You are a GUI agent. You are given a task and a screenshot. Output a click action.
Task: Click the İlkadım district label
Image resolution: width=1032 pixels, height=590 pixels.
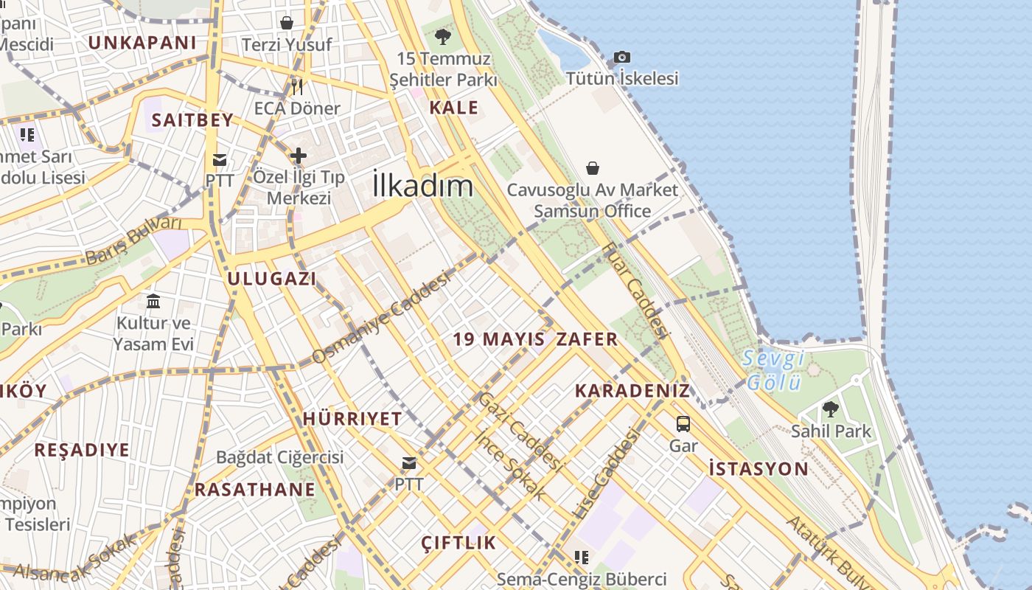(422, 184)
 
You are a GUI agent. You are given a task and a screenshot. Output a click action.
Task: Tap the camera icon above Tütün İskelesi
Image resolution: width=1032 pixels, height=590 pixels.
(622, 57)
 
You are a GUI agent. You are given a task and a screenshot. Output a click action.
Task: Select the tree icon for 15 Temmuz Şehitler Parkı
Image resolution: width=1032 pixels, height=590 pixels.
(442, 35)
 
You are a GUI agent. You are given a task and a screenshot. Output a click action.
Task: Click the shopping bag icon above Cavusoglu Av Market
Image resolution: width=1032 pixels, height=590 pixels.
(593, 168)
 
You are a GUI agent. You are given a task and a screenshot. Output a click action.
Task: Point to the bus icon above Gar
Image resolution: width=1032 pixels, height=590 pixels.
(683, 423)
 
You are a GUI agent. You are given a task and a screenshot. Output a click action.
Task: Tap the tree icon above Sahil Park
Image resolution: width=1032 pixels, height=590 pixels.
(831, 409)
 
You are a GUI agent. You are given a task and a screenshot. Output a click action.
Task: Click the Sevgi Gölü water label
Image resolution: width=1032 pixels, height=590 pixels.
(773, 371)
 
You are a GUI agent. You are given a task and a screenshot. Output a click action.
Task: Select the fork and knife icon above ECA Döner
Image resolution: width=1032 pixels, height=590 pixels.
(297, 87)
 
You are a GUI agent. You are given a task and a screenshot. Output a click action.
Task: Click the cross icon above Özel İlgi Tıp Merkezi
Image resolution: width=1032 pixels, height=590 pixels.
(298, 156)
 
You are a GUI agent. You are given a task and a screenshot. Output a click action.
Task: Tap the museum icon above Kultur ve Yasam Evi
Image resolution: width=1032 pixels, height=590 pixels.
(153, 301)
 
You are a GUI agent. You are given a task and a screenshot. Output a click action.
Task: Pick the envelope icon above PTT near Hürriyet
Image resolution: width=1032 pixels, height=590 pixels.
(408, 463)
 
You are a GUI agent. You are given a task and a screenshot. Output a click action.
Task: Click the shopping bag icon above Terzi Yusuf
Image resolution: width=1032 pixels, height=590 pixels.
(287, 23)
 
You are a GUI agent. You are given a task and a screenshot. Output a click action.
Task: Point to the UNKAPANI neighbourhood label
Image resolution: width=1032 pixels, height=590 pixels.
(142, 42)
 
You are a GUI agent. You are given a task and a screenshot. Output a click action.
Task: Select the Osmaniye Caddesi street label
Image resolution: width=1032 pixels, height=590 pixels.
(381, 317)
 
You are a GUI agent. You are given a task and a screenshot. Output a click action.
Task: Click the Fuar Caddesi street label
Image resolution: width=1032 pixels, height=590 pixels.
(635, 291)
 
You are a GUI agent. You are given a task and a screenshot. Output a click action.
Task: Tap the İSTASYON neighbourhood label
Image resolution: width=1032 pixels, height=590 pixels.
(759, 468)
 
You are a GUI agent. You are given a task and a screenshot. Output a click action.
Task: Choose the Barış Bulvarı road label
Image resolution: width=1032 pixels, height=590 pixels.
(133, 240)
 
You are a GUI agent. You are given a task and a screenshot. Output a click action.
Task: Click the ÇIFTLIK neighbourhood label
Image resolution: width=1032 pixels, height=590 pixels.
(459, 543)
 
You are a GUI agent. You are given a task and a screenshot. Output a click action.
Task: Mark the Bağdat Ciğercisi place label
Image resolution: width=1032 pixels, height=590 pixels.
(279, 457)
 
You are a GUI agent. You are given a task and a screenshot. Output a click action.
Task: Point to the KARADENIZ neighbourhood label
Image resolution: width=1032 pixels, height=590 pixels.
(632, 391)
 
